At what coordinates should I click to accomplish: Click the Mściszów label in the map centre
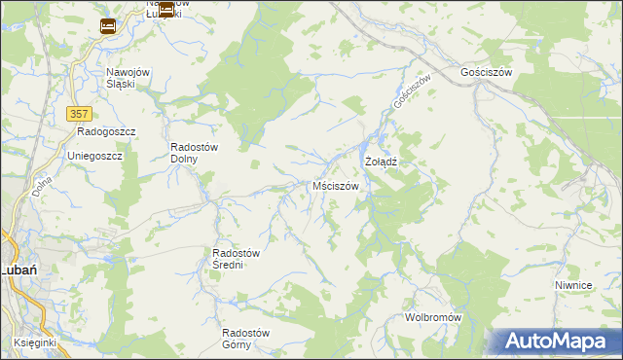(336, 185)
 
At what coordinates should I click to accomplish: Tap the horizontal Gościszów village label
(486, 73)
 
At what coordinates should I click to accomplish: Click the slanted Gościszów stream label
(410, 92)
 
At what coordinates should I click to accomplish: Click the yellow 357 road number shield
(80, 114)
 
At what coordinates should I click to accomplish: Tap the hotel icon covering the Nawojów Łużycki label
(166, 10)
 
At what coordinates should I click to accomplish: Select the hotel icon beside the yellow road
(108, 26)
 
